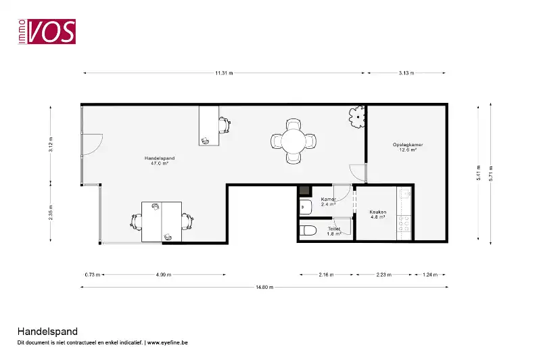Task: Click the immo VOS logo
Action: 47,31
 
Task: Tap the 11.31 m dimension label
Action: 224,73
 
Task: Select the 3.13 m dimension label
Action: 406,73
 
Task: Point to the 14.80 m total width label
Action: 264,287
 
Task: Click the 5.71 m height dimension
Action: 491,173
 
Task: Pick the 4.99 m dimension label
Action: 164,275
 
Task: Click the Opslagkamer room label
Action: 408,145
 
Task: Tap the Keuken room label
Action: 378,212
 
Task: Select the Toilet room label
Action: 334,229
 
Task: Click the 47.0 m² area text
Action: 160,163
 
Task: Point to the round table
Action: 293,141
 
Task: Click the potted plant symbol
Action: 357,116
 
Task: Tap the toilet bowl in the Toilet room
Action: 308,230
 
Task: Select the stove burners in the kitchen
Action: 404,223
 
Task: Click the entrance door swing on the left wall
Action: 93,144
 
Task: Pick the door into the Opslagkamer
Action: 358,173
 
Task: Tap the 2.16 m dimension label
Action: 326,275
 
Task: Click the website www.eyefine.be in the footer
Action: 167,342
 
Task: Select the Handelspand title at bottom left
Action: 47,332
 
